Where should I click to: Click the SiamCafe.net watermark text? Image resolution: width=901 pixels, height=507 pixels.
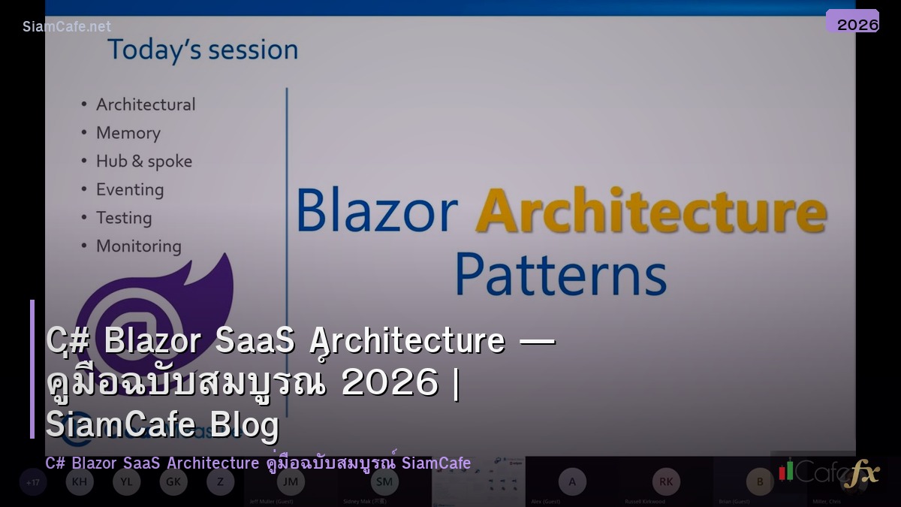coord(67,26)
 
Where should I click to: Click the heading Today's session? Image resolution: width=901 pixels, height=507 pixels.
coord(203,50)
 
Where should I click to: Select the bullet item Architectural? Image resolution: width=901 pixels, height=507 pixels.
coord(145,104)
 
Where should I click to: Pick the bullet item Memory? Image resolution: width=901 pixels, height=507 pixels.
coord(128,133)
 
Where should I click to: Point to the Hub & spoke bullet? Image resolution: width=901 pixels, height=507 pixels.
coord(143,161)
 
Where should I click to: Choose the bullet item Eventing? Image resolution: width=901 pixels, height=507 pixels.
coord(129,189)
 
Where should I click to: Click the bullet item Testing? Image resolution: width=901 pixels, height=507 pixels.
coord(123,218)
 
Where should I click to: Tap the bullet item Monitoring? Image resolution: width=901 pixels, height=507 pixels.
coord(138,246)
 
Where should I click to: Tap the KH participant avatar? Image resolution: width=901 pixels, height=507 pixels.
coord(80,481)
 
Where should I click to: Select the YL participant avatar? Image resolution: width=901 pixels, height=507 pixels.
coord(126,481)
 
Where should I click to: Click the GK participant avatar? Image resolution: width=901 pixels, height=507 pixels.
coord(173,481)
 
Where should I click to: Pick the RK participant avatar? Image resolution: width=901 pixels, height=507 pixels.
coord(665,481)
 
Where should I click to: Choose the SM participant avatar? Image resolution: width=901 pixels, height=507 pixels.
coord(384,481)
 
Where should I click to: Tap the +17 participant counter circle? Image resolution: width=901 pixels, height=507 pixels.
coord(33,481)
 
